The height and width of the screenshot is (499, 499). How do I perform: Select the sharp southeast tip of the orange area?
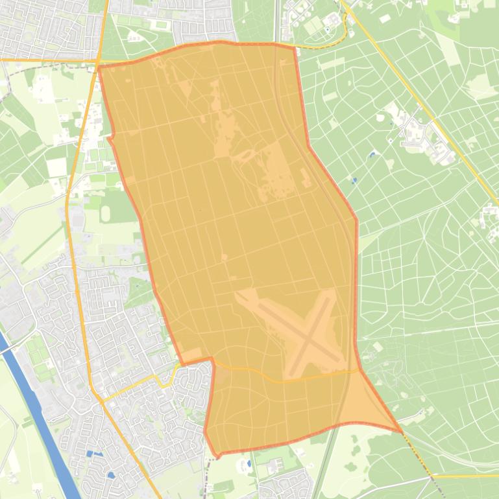pos(401,431)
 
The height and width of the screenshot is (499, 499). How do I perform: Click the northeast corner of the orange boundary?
pos(295,47)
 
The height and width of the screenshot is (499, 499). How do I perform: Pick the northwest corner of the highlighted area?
pos(99,66)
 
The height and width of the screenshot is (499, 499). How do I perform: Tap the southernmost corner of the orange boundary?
pos(217,456)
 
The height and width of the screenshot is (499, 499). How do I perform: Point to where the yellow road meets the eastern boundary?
pos(359,371)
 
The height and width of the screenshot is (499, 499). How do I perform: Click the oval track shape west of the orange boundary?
pos(105,212)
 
